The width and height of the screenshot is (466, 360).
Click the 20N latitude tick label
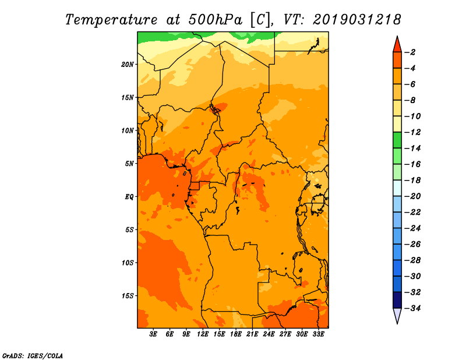click(x=127, y=65)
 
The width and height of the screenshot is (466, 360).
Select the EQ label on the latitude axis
click(x=129, y=197)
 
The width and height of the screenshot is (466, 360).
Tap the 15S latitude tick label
click(x=128, y=296)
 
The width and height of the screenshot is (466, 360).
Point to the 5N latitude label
click(x=129, y=164)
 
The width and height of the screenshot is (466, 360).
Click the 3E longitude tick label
click(x=153, y=334)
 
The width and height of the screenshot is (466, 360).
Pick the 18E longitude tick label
click(x=236, y=334)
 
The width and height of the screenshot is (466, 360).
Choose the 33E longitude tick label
click(x=318, y=334)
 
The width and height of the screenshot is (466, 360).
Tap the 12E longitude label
click(x=203, y=334)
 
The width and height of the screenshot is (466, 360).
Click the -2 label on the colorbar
click(x=410, y=52)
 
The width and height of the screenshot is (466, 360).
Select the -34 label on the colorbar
click(x=412, y=308)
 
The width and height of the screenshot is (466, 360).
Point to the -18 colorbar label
click(x=412, y=180)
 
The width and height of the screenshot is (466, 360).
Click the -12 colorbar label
click(x=412, y=132)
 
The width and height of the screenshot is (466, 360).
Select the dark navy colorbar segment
click(x=397, y=300)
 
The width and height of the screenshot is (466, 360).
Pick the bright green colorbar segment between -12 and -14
click(x=397, y=140)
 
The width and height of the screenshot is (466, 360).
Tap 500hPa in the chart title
click(x=215, y=20)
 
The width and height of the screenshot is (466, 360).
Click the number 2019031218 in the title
click(x=356, y=20)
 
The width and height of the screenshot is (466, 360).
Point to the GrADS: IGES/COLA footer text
click(x=33, y=356)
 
